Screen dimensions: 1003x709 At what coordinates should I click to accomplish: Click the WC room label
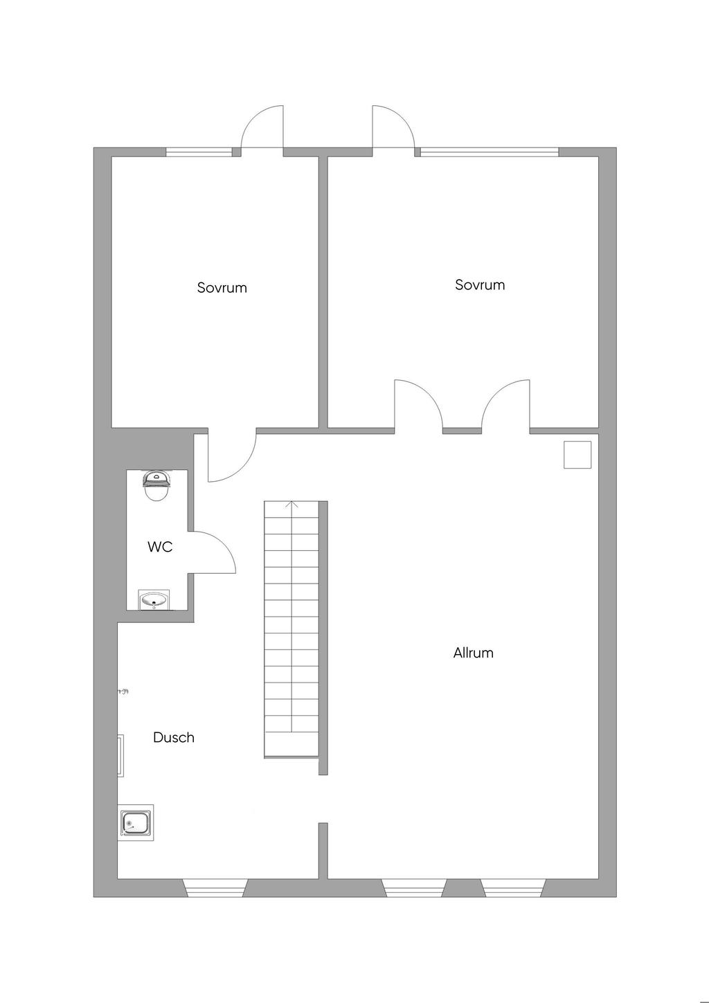click(160, 547)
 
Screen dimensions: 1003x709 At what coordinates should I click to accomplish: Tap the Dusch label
click(174, 737)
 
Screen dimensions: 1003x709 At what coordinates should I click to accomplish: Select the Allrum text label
click(474, 652)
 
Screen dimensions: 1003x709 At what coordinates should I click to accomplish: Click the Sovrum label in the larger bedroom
click(480, 284)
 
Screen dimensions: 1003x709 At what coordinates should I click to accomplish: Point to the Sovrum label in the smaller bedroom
click(222, 287)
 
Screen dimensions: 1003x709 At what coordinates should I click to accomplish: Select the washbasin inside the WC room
click(154, 599)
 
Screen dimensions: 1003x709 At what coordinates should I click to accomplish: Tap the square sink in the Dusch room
click(136, 822)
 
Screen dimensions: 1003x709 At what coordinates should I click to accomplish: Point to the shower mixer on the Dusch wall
click(123, 691)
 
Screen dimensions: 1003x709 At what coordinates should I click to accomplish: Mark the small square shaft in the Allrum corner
click(577, 455)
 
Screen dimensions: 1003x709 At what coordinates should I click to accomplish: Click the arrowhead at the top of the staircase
click(292, 505)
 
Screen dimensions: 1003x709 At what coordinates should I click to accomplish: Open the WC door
click(215, 552)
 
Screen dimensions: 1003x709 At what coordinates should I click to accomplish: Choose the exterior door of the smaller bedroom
click(262, 128)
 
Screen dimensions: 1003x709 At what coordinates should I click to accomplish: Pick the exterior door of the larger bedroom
click(393, 128)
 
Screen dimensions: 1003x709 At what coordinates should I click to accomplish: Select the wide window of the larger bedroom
click(489, 152)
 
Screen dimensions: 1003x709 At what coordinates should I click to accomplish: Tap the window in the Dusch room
click(215, 887)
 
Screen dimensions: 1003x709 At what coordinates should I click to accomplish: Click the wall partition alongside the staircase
click(323, 637)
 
